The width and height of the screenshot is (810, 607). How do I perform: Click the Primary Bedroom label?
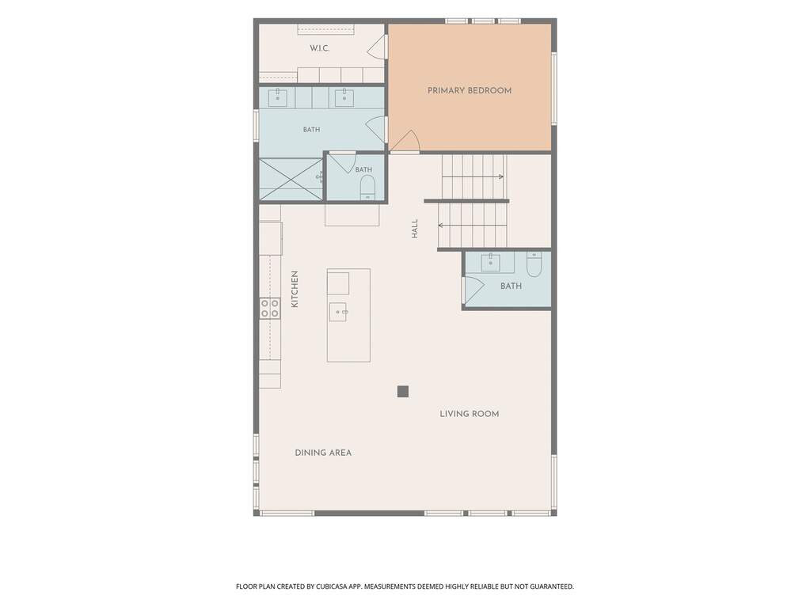[469, 91]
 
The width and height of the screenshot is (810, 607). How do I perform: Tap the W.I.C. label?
[319, 48]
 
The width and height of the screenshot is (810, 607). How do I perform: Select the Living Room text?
[469, 414]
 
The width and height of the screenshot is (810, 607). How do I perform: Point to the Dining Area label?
[323, 453]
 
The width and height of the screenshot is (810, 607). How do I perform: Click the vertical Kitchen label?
[295, 289]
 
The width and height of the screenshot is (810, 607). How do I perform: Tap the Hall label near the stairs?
[414, 229]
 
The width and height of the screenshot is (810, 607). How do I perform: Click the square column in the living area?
[403, 392]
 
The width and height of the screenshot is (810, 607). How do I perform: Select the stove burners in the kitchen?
[270, 308]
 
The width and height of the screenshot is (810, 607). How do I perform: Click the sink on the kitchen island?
[338, 312]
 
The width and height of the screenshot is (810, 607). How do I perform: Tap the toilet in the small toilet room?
[367, 187]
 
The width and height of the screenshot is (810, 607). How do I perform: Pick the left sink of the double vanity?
[277, 97]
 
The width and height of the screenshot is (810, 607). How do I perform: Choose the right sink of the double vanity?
[344, 97]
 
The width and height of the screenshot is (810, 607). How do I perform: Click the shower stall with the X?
[291, 179]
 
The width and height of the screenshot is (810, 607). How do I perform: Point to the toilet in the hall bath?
[534, 264]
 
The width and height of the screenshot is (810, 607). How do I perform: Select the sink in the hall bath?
[490, 262]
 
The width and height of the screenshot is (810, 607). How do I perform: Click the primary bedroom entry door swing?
[405, 142]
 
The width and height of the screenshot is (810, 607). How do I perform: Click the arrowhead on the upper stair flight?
[501, 177]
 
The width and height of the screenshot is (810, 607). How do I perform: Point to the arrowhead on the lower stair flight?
[441, 225]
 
